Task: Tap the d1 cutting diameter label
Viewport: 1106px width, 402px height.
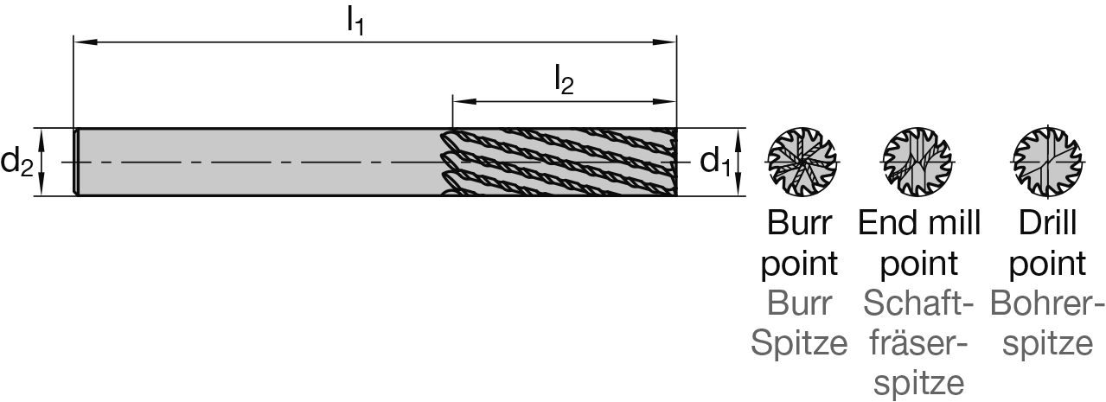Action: coord(714,161)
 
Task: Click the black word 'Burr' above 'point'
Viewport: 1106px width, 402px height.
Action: coord(799,223)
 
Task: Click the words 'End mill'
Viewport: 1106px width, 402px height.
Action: coord(918,223)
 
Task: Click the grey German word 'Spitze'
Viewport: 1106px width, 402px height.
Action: coord(799,343)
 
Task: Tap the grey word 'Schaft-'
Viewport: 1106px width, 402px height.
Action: coord(918,303)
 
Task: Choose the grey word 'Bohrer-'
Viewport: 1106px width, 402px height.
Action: coord(1047,303)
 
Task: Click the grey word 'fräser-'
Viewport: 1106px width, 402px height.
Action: coord(918,343)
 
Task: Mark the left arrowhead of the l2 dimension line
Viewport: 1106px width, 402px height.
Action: coord(458,100)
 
